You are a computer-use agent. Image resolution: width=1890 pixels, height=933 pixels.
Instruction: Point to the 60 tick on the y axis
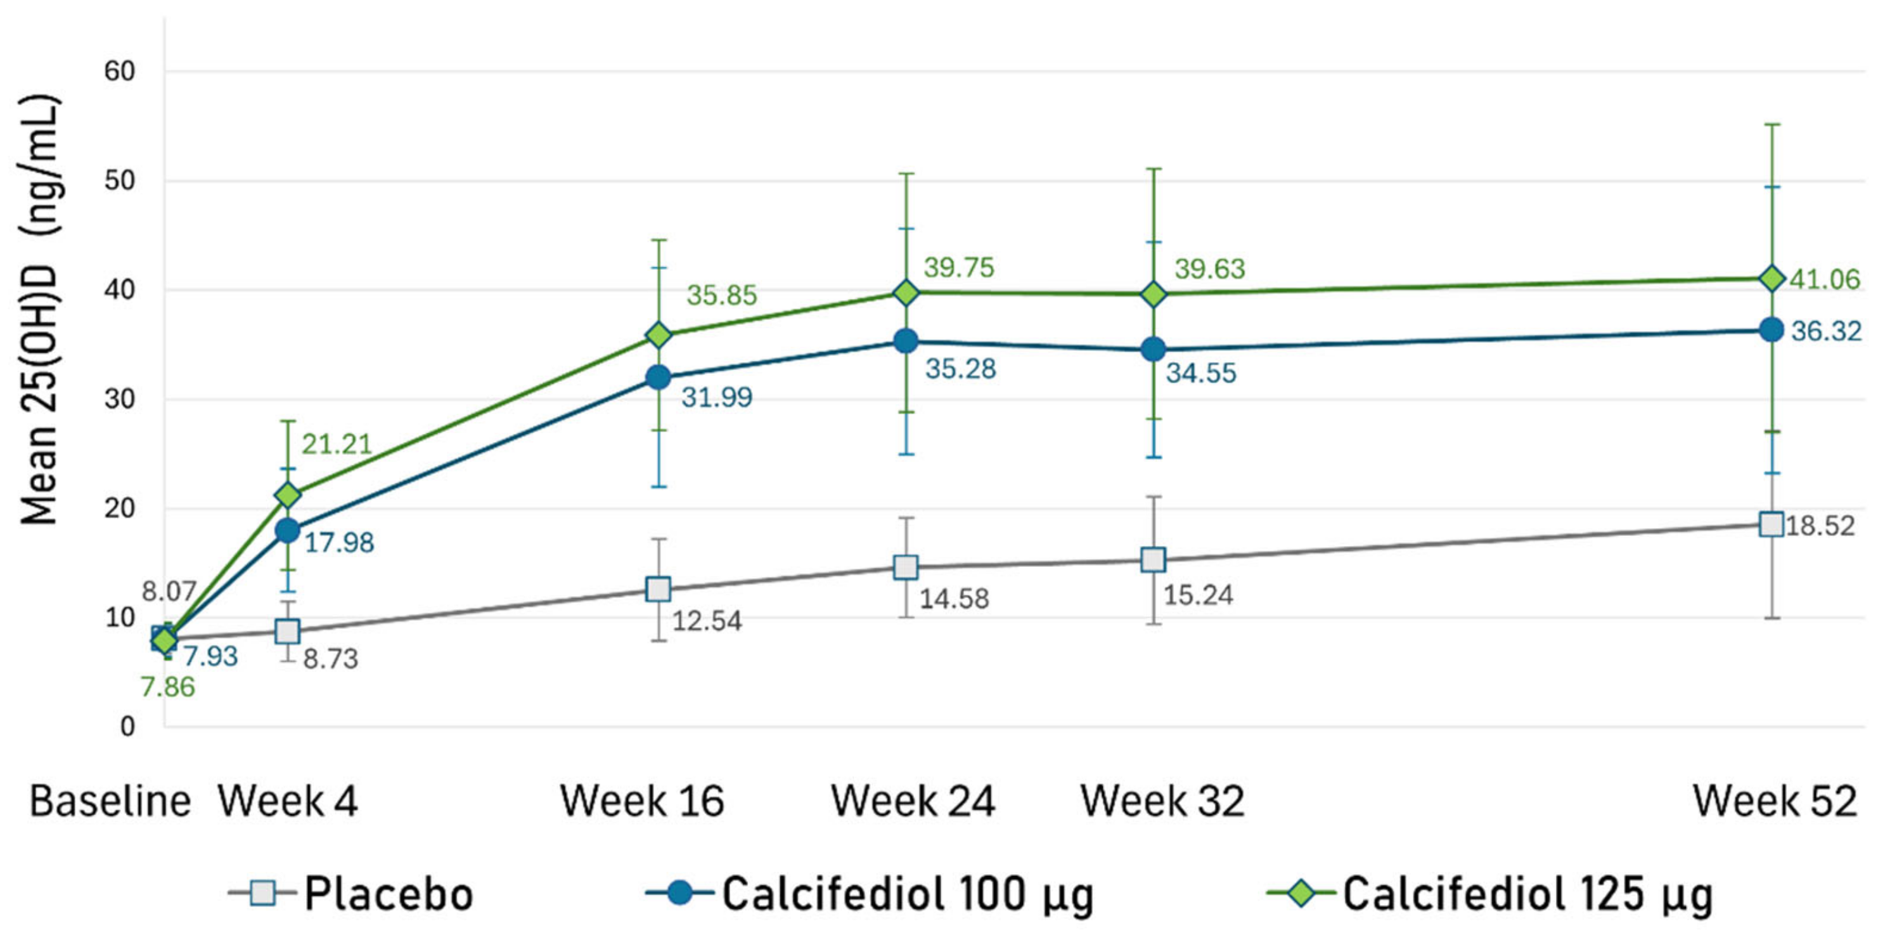(x=120, y=72)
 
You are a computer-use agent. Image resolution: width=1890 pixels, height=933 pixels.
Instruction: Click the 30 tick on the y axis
(x=120, y=400)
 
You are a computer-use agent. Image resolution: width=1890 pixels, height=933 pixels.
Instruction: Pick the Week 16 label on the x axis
(x=642, y=801)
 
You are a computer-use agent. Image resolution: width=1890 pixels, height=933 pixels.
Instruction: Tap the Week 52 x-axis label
(x=1775, y=801)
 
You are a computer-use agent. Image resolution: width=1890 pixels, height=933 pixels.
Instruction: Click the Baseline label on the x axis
(x=110, y=801)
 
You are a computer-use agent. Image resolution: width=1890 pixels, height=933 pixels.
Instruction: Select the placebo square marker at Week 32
(x=1154, y=561)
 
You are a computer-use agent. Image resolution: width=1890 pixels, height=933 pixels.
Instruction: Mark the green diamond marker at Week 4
(x=288, y=495)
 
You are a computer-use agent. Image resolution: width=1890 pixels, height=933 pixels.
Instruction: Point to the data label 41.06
(x=1825, y=279)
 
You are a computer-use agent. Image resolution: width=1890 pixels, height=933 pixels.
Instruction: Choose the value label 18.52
(x=1820, y=526)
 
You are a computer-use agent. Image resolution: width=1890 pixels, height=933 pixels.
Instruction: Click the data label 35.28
(x=960, y=369)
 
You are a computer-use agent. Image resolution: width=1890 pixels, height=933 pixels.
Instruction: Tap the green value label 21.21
(x=337, y=445)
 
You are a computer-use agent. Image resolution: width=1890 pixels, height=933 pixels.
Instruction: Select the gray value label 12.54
(x=707, y=621)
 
